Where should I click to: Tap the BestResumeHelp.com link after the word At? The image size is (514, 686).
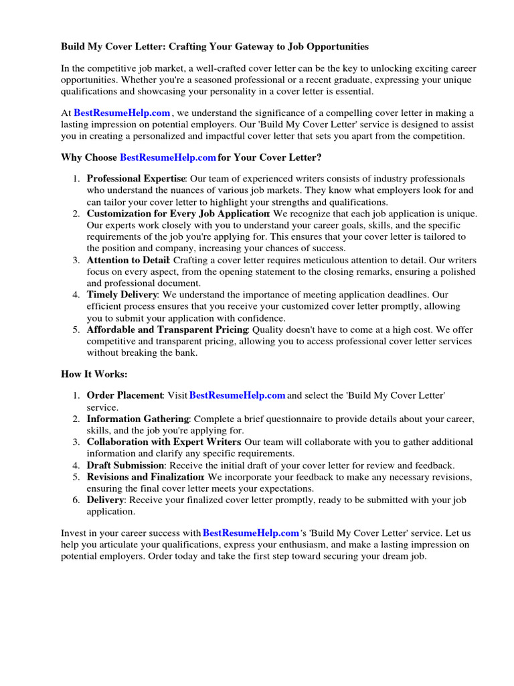tap(122, 113)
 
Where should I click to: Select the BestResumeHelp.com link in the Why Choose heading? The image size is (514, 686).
tap(168, 157)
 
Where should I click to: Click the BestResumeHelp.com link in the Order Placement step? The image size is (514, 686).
tap(238, 395)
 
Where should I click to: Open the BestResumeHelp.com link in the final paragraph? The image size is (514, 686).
tap(250, 533)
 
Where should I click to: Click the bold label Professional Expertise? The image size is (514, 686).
tap(137, 179)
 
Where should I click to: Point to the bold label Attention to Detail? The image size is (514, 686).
tap(129, 260)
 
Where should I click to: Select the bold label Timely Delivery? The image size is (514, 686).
tap(122, 295)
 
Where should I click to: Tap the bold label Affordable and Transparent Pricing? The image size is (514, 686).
tap(167, 330)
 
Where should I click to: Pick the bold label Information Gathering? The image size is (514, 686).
tap(138, 419)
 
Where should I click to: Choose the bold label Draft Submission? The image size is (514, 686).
tap(125, 465)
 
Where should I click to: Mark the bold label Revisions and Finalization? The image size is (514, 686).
tap(145, 477)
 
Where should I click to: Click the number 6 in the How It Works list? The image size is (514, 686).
tap(76, 500)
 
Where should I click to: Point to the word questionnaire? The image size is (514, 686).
tap(294, 419)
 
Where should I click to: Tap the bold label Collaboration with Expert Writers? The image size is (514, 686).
tap(163, 442)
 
